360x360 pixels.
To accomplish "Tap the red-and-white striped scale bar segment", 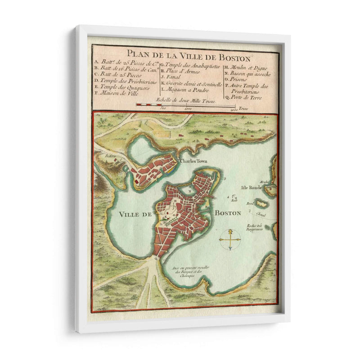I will [x=148, y=105].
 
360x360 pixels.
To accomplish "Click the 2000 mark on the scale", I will [x=233, y=109].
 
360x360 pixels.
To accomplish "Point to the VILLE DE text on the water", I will [x=135, y=215].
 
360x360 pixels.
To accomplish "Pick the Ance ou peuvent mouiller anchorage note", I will [x=186, y=271].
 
